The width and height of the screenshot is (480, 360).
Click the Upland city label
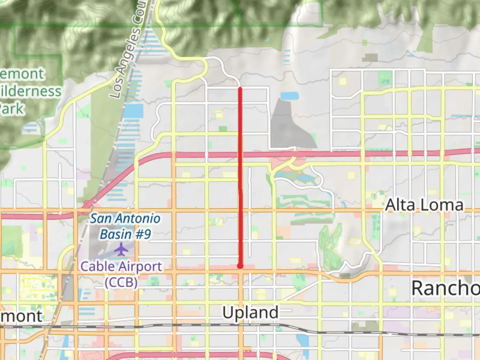250,313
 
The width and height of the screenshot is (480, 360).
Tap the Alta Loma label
424,205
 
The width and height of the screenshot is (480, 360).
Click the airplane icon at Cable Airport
121,249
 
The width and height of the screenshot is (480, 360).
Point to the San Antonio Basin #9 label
125,226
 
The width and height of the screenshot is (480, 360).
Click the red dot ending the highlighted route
240,266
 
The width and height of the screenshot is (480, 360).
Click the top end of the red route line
240,88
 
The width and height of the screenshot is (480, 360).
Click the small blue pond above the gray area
289,96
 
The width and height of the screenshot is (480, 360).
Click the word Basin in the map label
116,234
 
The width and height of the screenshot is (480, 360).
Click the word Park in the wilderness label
12,109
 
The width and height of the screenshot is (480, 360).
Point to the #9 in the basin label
143,234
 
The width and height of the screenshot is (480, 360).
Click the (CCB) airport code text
121,282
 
